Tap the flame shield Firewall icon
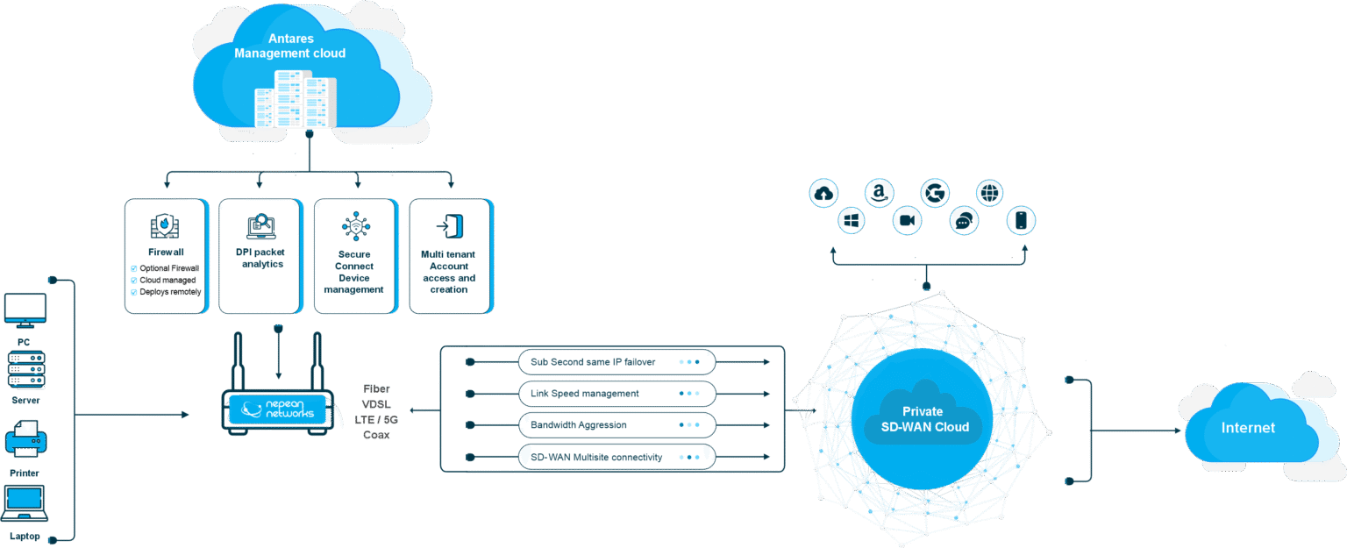coord(165,225)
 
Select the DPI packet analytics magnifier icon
coord(261,225)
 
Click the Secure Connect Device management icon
coord(354,226)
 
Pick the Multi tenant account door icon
coord(449,226)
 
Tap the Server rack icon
coord(25,369)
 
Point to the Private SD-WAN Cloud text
coord(923,419)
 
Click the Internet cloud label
coord(1248,428)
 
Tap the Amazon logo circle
coord(879,194)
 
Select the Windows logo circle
coord(852,221)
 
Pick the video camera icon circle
coord(907,221)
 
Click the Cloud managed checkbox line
coord(166,280)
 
